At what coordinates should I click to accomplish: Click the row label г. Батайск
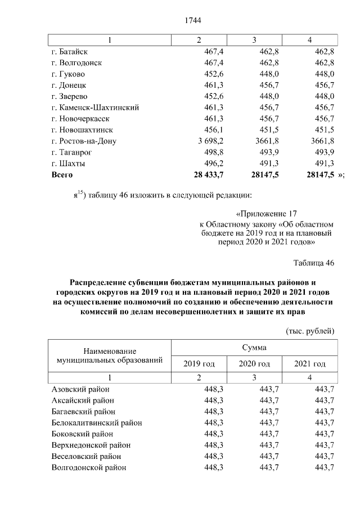coord(70,52)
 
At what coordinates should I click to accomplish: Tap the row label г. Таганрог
coord(72,152)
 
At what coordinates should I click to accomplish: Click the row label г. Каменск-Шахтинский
coord(95,107)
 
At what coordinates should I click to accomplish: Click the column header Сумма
coord(254,348)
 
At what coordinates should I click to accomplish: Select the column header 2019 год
coord(199,364)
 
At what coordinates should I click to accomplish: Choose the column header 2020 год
coord(254,364)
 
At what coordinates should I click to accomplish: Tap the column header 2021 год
coord(310,364)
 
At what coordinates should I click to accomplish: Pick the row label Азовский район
coord(80,389)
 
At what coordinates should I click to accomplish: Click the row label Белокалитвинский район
coord(96,423)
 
